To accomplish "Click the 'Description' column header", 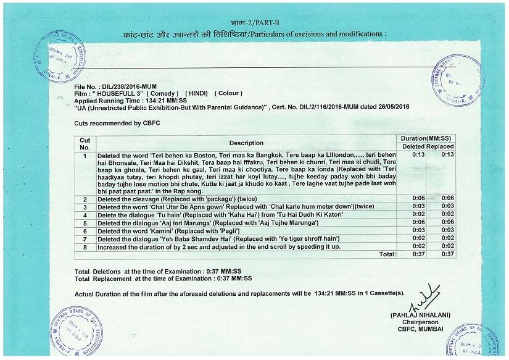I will pyautogui.click(x=246, y=143).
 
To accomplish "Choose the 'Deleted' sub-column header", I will pyautogui.click(x=413, y=146).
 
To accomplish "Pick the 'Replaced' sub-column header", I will pyautogui.click(x=441, y=146).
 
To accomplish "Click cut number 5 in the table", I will pyautogui.click(x=85, y=222).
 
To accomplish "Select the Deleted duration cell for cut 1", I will pyautogui.click(x=418, y=154).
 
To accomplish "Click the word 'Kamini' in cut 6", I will pyautogui.click(x=150, y=230).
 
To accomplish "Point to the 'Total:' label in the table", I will pyautogui.click(x=387, y=254).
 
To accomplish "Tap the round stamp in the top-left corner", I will pyautogui.click(x=60, y=54).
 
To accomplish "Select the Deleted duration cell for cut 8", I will pyautogui.click(x=418, y=246).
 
